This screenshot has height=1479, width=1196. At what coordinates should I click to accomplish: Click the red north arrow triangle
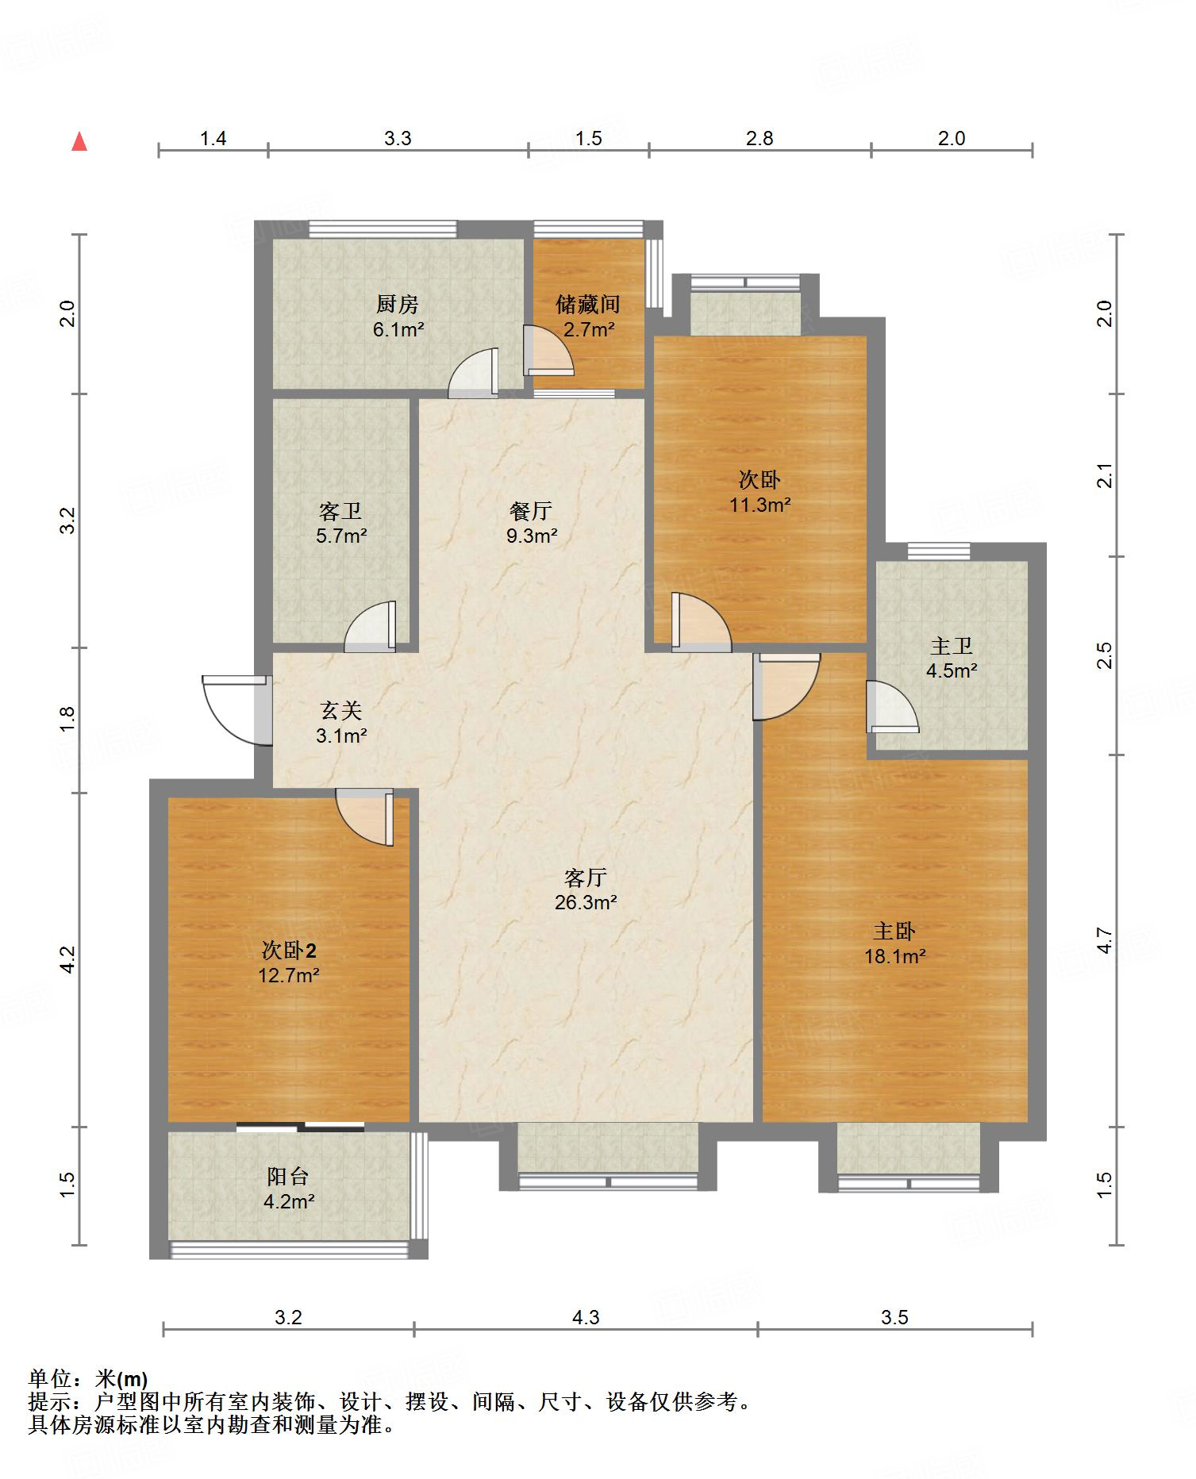79,142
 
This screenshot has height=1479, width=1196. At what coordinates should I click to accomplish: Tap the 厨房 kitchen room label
398,304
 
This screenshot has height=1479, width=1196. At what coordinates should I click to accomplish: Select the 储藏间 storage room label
588,304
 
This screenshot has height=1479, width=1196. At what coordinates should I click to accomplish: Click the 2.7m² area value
589,329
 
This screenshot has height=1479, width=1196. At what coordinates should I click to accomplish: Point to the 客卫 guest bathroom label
340,511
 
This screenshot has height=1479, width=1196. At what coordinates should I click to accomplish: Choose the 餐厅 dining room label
531,511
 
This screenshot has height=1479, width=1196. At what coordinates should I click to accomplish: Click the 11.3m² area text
760,505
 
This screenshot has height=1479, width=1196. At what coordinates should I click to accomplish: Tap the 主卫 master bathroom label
951,647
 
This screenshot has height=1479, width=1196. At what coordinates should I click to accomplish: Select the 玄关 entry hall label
340,710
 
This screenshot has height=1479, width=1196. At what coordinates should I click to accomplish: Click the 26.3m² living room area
586,902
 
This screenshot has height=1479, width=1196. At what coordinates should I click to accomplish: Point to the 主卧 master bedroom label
894,931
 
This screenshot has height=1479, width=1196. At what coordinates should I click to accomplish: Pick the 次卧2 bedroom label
289,950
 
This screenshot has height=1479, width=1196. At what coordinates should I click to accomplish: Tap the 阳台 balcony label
288,1177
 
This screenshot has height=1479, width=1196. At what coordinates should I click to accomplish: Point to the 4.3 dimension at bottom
586,1318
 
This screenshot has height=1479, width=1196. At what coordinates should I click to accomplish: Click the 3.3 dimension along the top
398,139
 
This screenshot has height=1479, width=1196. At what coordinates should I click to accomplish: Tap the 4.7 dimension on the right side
1105,941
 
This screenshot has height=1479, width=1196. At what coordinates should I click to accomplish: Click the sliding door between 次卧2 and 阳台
300,1126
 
